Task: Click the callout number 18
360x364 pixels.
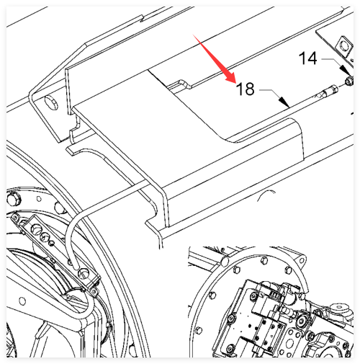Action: click(x=245, y=89)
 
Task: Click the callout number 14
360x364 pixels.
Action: click(x=307, y=58)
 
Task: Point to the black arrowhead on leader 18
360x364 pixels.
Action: click(x=284, y=102)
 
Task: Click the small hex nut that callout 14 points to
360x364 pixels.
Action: click(x=349, y=81)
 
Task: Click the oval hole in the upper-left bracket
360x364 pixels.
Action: click(x=51, y=102)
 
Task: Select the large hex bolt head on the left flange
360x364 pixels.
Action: click(x=14, y=198)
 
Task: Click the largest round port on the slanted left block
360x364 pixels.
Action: click(x=36, y=228)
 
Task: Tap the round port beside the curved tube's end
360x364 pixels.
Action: click(x=84, y=274)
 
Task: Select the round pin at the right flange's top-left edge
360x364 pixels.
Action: click(x=225, y=261)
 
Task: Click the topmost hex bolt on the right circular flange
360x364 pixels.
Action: click(x=264, y=261)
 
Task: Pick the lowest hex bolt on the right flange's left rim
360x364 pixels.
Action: click(x=199, y=330)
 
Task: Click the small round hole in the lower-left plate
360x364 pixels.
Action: click(x=22, y=301)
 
